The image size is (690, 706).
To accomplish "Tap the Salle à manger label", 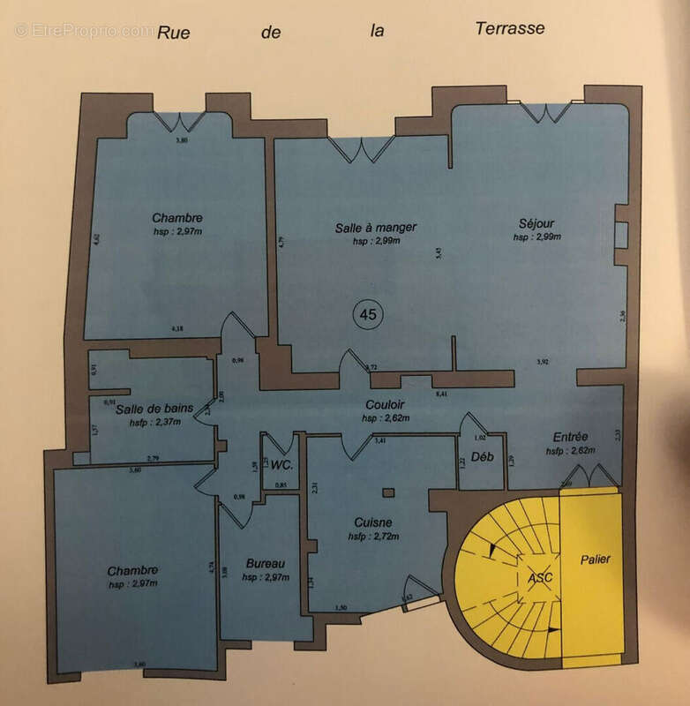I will point(375,228).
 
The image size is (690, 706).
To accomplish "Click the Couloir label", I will point(385,406).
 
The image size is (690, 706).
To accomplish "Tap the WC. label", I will point(282,464).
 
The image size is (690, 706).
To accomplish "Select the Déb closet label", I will point(480,457).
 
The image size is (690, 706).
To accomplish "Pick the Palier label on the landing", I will point(595,560).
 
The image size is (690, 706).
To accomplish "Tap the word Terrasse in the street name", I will point(509,28).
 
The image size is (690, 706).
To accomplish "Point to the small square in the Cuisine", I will point(386,492).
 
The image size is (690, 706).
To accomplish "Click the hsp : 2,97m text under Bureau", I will point(265,577).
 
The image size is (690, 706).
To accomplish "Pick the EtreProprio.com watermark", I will point(84,30).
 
